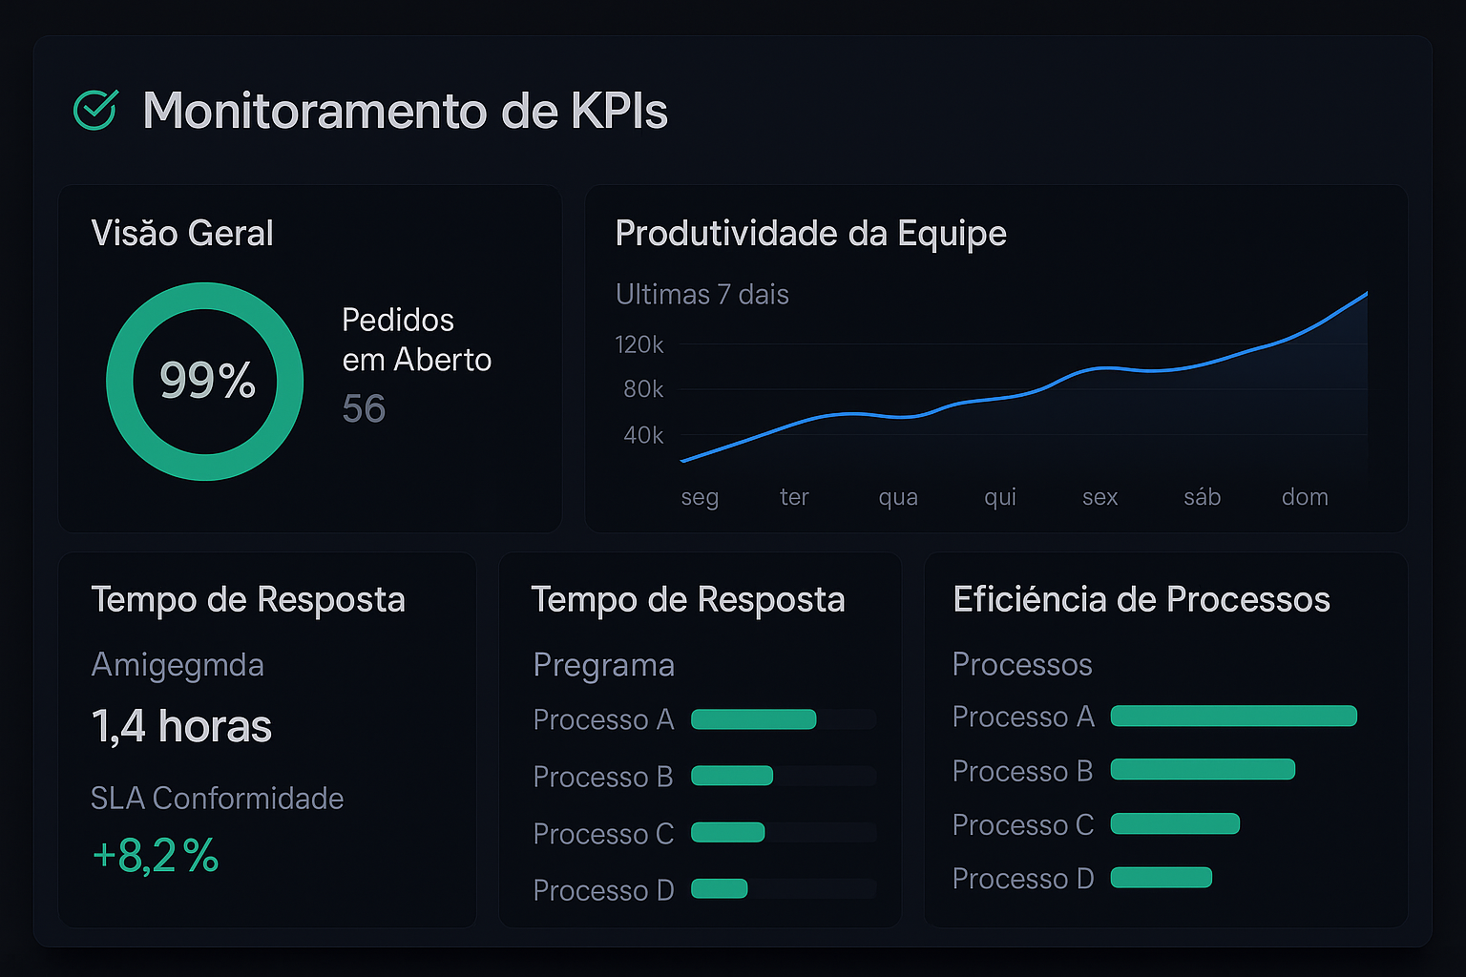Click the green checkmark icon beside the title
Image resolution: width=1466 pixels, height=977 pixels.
tap(95, 110)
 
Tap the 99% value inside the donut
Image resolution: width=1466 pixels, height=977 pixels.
tap(207, 380)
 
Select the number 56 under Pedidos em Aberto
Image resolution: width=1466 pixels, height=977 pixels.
tap(364, 409)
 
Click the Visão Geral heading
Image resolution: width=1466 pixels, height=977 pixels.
tap(182, 234)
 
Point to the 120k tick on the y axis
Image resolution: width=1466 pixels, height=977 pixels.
tap(639, 344)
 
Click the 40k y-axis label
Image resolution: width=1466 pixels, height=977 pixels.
tap(643, 436)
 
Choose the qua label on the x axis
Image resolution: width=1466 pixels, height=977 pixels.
tap(898, 497)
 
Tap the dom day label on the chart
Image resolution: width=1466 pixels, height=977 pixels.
tap(1305, 497)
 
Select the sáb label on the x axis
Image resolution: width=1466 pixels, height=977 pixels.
tap(1202, 497)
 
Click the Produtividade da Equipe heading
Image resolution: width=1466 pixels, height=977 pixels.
tap(810, 234)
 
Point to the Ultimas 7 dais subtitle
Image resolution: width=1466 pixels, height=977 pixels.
tap(702, 295)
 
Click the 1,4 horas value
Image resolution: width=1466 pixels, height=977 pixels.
tap(181, 726)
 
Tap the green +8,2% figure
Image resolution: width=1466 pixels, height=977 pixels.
tap(156, 856)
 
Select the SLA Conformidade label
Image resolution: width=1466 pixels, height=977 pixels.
tap(217, 799)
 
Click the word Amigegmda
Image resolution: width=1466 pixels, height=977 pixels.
tap(178, 665)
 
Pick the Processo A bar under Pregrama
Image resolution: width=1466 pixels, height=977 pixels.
tap(753, 719)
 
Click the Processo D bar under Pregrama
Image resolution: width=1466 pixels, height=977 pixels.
tap(719, 889)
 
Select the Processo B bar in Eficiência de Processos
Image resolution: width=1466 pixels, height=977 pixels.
tap(1203, 769)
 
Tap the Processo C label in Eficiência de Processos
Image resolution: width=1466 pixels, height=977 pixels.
tap(1022, 824)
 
